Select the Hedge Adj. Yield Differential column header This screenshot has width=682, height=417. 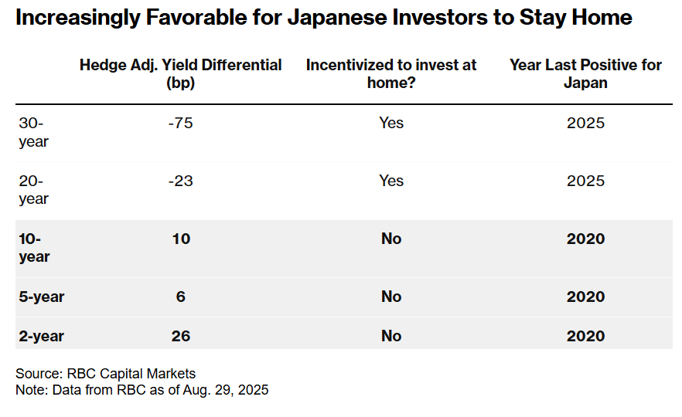tap(180, 73)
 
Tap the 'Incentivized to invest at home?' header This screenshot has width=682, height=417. tap(391, 73)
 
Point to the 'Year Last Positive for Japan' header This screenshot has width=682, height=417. tap(585, 73)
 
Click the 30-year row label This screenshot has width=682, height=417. tap(33, 132)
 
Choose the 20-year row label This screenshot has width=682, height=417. tap(33, 189)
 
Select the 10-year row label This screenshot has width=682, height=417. tap(34, 247)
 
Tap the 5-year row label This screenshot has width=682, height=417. tap(41, 297)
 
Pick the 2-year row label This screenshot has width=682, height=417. tap(41, 336)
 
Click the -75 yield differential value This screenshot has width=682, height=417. tap(180, 123)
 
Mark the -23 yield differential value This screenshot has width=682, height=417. tap(180, 181)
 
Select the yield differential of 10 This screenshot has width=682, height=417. tap(180, 239)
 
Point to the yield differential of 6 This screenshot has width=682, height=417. tap(180, 297)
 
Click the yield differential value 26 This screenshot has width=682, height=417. tap(180, 336)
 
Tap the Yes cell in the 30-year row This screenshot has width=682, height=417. tap(391, 123)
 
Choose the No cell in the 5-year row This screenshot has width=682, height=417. tap(391, 297)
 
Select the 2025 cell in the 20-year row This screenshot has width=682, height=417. tap(585, 181)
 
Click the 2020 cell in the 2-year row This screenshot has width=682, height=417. tap(585, 336)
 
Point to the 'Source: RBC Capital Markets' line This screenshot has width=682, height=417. tap(106, 375)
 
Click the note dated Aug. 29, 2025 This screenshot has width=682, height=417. tap(142, 390)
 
